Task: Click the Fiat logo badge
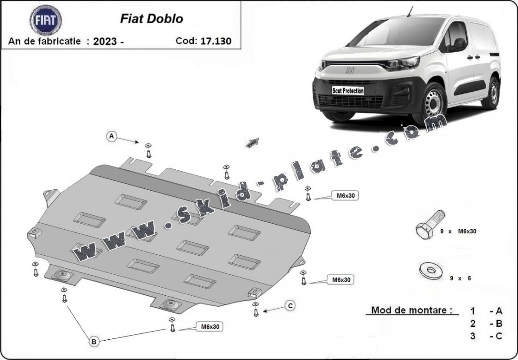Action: (x=45, y=20)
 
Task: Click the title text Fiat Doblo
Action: (x=151, y=19)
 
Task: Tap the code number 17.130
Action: (x=216, y=41)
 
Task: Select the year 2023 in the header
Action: (x=105, y=41)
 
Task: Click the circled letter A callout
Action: (x=112, y=136)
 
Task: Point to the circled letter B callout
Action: (x=94, y=342)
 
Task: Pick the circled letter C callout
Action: (x=290, y=306)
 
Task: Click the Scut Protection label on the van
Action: (x=348, y=90)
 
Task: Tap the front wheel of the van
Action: (x=433, y=103)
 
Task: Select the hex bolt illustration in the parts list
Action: (x=430, y=225)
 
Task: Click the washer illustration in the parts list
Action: (x=431, y=271)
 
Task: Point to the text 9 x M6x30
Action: (x=458, y=231)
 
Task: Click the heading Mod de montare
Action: (x=411, y=310)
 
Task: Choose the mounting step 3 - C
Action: (x=487, y=336)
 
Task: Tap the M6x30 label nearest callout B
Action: (x=210, y=327)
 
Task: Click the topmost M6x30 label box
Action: (x=345, y=196)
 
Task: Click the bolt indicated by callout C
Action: (x=255, y=309)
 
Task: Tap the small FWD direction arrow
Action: (x=252, y=142)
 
